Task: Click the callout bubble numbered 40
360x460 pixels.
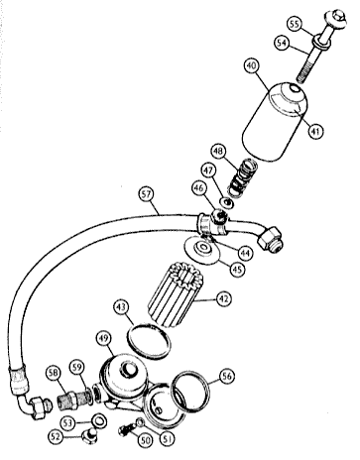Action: (x=251, y=66)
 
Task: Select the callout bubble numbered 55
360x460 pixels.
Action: (x=295, y=24)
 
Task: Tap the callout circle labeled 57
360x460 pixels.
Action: (x=146, y=194)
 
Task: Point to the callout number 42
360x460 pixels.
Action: (x=223, y=298)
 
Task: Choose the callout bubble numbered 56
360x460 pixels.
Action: (x=227, y=376)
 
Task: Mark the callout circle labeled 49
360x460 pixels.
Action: (x=104, y=338)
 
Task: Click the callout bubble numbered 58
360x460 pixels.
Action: (x=54, y=373)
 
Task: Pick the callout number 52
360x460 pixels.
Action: (x=56, y=436)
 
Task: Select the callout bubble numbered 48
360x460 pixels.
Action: (x=218, y=152)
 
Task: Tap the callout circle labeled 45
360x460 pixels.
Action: (x=237, y=270)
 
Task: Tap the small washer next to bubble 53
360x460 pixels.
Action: (x=99, y=420)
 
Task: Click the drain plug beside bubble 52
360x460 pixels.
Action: (x=89, y=437)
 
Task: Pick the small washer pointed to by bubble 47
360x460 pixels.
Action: (x=228, y=202)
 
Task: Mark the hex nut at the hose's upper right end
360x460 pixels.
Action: (x=272, y=239)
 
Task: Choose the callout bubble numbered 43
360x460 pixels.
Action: (x=121, y=307)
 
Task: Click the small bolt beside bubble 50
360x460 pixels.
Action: (x=127, y=428)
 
